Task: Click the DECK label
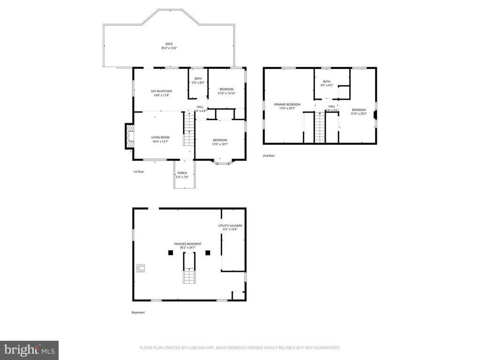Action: coord(169,44)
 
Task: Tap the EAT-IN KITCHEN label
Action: coord(161,91)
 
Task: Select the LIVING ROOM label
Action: coord(160,137)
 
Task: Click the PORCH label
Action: coord(182,173)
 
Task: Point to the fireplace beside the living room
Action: coord(128,136)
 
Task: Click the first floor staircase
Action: coord(188,131)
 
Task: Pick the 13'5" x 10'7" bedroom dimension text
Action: coord(220,144)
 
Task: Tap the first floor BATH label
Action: coord(198,79)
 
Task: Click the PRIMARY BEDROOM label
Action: coord(287,105)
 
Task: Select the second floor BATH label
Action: coord(327,82)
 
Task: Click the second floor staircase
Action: coord(319,127)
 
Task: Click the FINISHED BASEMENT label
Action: coord(187,244)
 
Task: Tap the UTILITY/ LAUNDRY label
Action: coord(230,225)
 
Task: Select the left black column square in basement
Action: coord(171,253)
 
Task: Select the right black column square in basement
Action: coord(208,253)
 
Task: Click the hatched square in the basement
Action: coord(140,268)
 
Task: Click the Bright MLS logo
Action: coord(29,350)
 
